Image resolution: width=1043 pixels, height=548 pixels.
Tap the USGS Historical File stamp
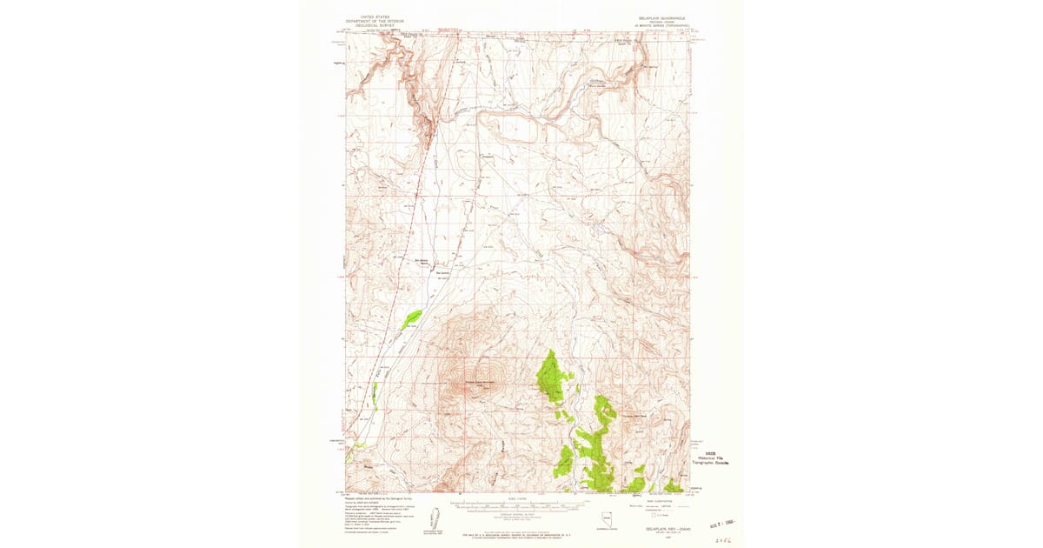[x=712, y=458]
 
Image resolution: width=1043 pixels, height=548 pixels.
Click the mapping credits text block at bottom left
[x=378, y=511]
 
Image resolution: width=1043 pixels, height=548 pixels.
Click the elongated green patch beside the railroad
[x=412, y=319]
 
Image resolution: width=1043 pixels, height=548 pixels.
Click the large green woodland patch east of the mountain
[x=554, y=376]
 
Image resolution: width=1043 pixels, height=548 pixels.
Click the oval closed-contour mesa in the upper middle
[x=513, y=131]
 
